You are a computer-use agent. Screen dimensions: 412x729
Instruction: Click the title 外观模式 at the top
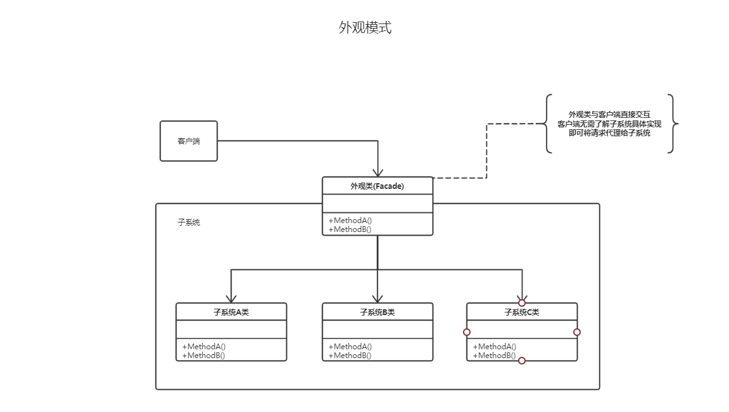pos(365,28)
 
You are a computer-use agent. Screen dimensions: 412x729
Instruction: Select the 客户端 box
pos(188,141)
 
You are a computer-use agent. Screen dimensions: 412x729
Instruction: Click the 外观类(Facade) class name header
pos(377,186)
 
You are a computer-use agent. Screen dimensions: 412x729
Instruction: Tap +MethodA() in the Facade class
pos(350,221)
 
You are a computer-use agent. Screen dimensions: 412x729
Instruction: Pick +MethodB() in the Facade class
pos(350,229)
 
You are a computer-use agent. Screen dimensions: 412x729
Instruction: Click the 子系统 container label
pos(189,222)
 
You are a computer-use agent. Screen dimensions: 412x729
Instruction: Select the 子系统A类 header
pos(231,312)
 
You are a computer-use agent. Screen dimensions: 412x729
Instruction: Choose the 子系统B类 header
pos(377,312)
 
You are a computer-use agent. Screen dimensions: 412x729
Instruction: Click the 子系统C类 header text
pos(522,312)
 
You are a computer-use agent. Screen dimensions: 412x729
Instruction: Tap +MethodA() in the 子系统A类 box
pos(204,347)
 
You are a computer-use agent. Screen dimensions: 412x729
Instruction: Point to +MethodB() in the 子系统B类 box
pos(350,356)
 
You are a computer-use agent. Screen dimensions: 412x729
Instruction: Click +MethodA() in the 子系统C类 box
pos(495,347)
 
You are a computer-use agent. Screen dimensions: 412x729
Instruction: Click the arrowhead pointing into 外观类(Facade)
pos(378,172)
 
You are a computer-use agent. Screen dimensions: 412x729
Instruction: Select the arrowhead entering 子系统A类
pos(231,298)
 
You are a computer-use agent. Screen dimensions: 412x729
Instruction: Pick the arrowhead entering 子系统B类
pos(377,298)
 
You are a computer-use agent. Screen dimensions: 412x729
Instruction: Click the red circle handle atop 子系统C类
pos(522,303)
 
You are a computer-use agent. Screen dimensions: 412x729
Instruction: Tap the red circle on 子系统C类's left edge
pos(467,332)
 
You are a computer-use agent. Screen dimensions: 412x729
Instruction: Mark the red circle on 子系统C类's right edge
pos(577,332)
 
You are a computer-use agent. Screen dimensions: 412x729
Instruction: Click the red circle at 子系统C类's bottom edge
pos(522,361)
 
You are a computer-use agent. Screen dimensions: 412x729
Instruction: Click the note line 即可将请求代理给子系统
pos(609,133)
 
